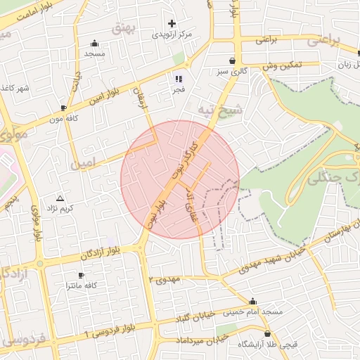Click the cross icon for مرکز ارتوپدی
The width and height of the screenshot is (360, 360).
click(172, 23)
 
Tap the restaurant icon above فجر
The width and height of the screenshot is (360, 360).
click(179, 79)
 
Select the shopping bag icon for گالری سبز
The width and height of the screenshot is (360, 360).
click(232, 60)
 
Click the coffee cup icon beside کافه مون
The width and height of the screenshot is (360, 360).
click(64, 108)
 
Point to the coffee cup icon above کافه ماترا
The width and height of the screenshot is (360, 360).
click(81, 275)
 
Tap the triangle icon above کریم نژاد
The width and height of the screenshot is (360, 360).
click(60, 199)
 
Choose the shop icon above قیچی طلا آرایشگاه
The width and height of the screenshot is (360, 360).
click(267, 333)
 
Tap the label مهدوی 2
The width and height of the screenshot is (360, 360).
click(165, 279)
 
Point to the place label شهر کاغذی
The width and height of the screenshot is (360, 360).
click(15, 87)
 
